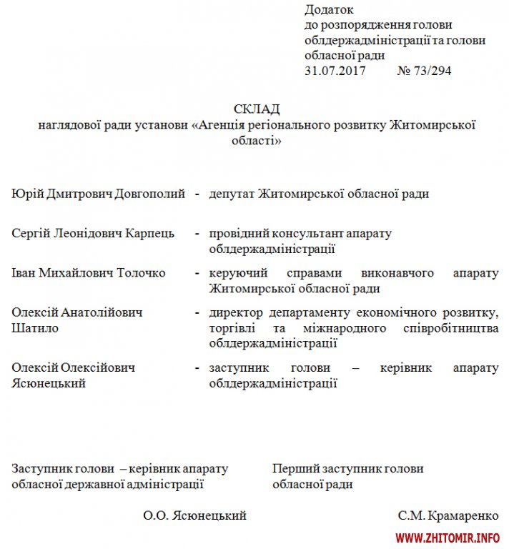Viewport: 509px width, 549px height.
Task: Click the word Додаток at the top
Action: click(329, 10)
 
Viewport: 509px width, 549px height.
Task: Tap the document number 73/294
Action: click(432, 71)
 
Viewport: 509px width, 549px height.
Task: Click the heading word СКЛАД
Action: click(257, 109)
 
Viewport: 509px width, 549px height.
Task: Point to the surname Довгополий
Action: click(151, 194)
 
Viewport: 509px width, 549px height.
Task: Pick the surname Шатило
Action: click(36, 328)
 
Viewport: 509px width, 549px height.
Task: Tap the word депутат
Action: click(232, 194)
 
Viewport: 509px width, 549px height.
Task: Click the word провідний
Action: click(239, 234)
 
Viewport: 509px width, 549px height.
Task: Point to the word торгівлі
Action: click(235, 328)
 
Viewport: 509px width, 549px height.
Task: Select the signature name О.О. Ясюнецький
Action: click(194, 515)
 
